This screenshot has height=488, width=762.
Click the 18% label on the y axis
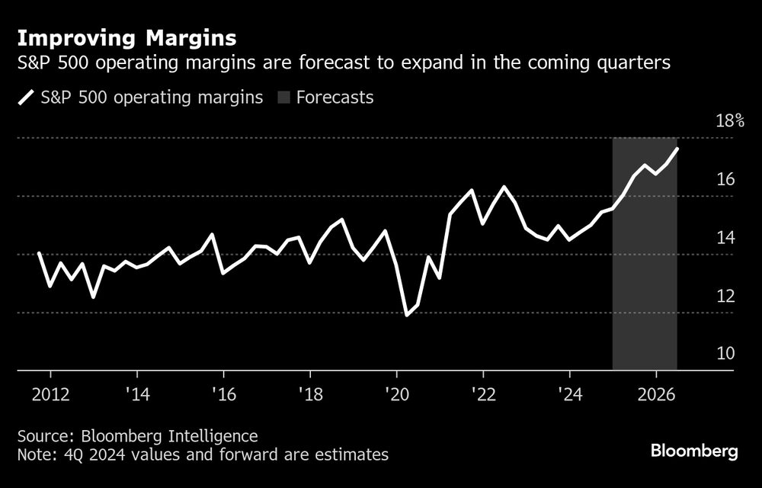click(729, 121)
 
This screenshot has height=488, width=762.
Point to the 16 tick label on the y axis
click(725, 179)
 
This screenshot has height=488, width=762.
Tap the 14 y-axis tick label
click(725, 238)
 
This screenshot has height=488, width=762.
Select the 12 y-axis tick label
click(725, 296)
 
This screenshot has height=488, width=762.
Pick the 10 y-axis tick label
click(725, 354)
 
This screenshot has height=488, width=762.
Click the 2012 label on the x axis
click(50, 395)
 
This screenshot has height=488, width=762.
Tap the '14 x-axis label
click(136, 395)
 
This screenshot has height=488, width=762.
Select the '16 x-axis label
click(223, 395)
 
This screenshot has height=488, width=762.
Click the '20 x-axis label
click(396, 395)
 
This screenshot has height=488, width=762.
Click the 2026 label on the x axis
click(656, 395)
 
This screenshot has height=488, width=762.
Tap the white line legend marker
click(26, 98)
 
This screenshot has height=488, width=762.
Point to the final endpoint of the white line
click(677, 149)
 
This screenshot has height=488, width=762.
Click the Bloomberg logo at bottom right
click(694, 451)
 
